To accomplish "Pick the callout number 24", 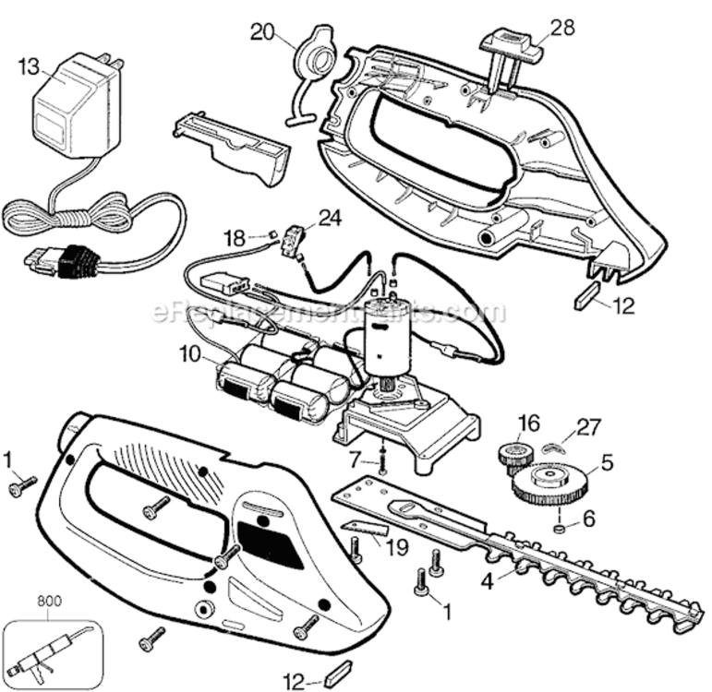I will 330,217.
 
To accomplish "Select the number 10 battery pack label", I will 189,353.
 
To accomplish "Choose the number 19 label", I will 396,548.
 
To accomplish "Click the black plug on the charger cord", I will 71,262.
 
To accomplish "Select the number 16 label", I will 527,423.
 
